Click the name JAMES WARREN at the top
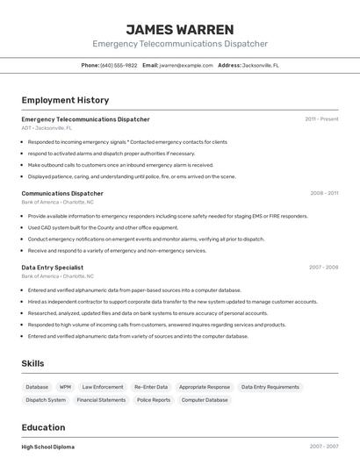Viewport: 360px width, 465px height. pyautogui.click(x=180, y=30)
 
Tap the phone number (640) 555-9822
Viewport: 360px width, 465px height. pyautogui.click(x=119, y=65)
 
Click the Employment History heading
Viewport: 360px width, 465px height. pyautogui.click(x=65, y=100)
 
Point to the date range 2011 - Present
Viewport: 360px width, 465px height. pyautogui.click(x=321, y=119)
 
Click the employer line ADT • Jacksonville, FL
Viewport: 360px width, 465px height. pyautogui.click(x=47, y=128)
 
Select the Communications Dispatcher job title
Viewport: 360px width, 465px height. pyautogui.click(x=62, y=193)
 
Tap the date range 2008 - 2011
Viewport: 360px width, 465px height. pyautogui.click(x=324, y=193)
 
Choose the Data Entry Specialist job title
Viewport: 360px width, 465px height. pyautogui.click(x=53, y=267)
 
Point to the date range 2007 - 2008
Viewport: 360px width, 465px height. pyautogui.click(x=323, y=267)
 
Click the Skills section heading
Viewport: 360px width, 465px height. pyautogui.click(x=32, y=363)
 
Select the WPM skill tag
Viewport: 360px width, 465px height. pyautogui.click(x=65, y=387)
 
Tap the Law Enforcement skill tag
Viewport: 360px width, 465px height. pyautogui.click(x=103, y=387)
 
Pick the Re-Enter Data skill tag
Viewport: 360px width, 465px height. pyautogui.click(x=150, y=387)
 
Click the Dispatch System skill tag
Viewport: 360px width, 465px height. pyautogui.click(x=46, y=400)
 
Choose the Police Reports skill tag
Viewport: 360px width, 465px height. pyautogui.click(x=154, y=400)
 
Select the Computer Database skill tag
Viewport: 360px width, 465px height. pyautogui.click(x=205, y=400)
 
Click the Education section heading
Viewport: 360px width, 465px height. pyautogui.click(x=44, y=427)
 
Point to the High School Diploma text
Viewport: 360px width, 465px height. pyautogui.click(x=48, y=447)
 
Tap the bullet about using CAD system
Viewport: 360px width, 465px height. pyautogui.click(x=104, y=227)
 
